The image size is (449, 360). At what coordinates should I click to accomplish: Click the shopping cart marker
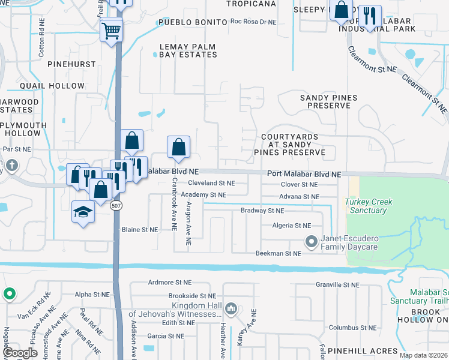[x=111, y=29]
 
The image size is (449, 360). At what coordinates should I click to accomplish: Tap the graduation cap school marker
[x=83, y=212]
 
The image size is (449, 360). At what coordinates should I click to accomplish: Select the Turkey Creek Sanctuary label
[x=369, y=206]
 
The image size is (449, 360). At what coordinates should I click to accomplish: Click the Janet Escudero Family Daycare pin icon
[x=311, y=242]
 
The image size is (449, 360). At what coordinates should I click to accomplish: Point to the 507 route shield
[x=114, y=205]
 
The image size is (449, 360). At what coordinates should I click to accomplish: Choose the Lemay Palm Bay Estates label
[x=188, y=50]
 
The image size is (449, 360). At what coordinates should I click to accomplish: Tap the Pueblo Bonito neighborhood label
[x=191, y=23]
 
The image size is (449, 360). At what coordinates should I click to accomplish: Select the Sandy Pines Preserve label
[x=328, y=101]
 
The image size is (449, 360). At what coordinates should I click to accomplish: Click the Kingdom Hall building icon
[x=231, y=310]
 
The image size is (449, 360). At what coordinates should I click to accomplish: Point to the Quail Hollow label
[x=44, y=86]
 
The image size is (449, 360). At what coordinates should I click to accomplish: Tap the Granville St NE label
[x=337, y=285]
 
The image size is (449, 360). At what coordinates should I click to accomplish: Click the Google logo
[x=20, y=353]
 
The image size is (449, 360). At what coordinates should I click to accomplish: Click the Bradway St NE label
[x=262, y=211]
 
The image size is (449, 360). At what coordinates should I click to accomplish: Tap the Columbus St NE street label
[x=352, y=328]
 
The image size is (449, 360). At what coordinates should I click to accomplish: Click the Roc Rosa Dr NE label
[x=253, y=22]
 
